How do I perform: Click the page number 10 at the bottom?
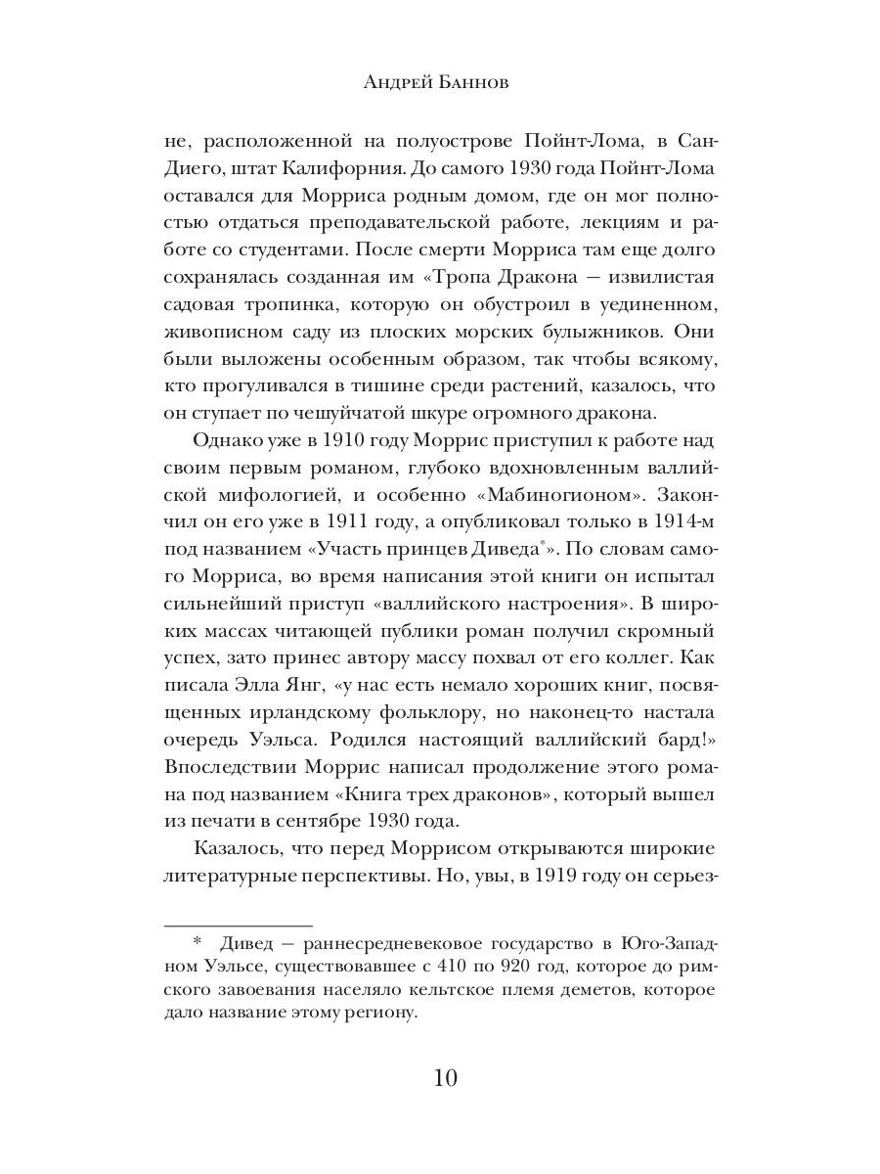[440, 1079]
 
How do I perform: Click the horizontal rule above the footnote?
[237, 925]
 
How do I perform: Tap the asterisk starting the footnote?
[197, 943]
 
